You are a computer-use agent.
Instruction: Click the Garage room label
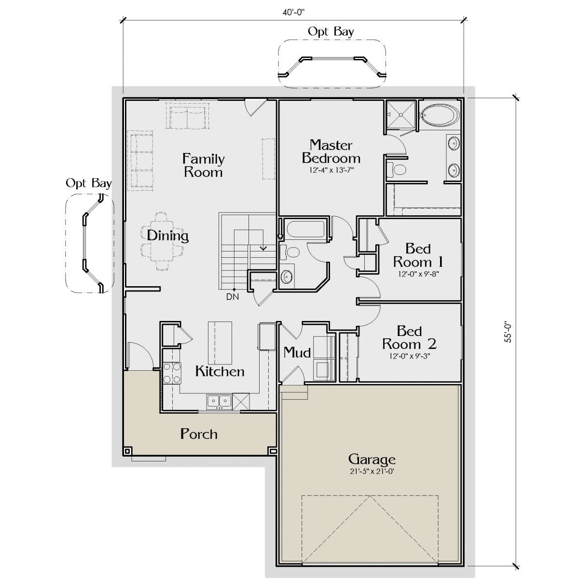click(x=372, y=460)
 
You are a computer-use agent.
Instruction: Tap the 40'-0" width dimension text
click(x=293, y=13)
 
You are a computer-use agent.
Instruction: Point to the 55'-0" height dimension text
click(x=508, y=332)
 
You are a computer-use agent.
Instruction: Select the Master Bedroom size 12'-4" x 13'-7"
click(x=331, y=170)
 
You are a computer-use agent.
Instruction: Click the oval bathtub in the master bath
click(x=440, y=115)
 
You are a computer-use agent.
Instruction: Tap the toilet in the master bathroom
click(x=397, y=169)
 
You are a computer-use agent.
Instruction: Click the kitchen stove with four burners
click(x=172, y=373)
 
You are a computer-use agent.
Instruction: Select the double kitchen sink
click(x=219, y=402)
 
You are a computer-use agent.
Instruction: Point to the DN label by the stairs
click(x=233, y=297)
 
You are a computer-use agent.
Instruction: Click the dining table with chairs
click(x=163, y=241)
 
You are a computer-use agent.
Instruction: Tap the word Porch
click(x=199, y=434)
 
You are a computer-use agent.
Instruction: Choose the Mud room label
click(x=297, y=352)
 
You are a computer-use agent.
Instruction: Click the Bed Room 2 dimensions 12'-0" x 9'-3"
click(x=409, y=356)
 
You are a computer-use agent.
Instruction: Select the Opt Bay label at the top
click(x=331, y=31)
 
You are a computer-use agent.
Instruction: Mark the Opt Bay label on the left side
click(x=88, y=183)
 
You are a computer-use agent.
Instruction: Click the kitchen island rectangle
click(x=220, y=343)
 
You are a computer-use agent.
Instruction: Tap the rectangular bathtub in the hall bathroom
click(x=306, y=229)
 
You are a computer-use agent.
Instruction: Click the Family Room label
click(x=203, y=165)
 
